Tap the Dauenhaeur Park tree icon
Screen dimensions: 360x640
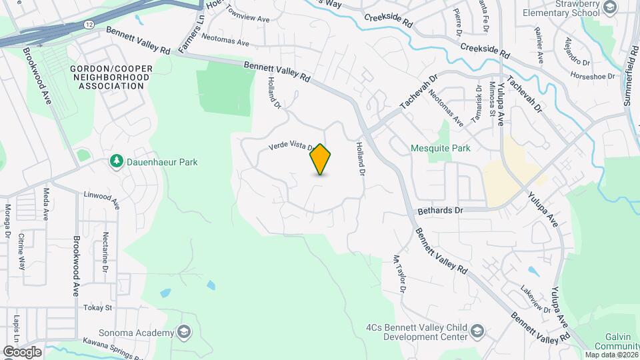click(117, 161)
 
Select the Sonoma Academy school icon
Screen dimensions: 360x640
click(183, 332)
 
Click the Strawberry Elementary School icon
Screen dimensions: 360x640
click(609, 7)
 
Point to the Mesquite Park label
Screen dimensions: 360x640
click(441, 148)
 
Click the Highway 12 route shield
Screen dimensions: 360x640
click(89, 24)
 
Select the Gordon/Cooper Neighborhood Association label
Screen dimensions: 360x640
click(111, 77)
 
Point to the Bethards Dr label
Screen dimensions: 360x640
click(440, 210)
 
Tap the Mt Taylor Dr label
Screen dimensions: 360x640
click(399, 274)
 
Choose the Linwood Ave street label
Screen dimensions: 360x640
click(101, 199)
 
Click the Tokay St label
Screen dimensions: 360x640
click(98, 308)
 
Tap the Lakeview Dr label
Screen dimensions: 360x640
click(536, 299)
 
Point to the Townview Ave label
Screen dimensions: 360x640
click(247, 14)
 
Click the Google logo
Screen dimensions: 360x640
click(23, 351)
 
